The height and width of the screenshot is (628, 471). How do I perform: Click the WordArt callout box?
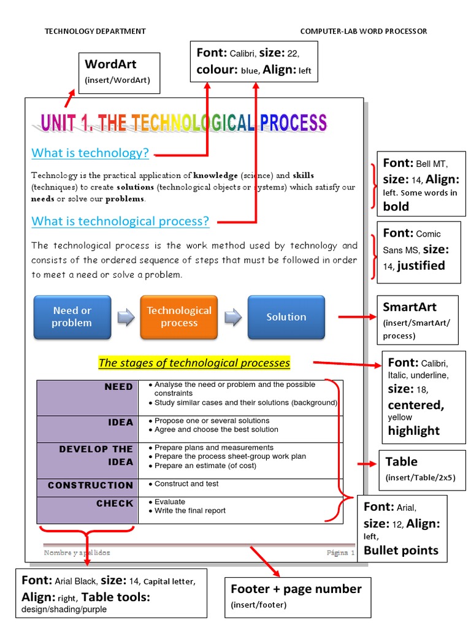pyautogui.click(x=120, y=72)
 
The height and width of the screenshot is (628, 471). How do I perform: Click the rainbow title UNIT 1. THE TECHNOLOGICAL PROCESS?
pyautogui.click(x=184, y=123)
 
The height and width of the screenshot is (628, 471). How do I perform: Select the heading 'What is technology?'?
pyautogui.click(x=90, y=153)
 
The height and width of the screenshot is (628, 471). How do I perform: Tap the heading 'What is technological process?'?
pyautogui.click(x=120, y=221)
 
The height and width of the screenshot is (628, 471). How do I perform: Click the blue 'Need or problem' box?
pyautogui.click(x=72, y=317)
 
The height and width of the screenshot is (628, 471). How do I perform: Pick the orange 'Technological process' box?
pyautogui.click(x=179, y=317)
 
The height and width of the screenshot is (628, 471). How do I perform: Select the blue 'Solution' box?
pyautogui.click(x=286, y=317)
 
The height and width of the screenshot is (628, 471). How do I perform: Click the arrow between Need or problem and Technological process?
pyautogui.click(x=126, y=317)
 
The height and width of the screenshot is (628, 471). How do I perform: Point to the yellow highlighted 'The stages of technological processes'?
pyautogui.click(x=194, y=363)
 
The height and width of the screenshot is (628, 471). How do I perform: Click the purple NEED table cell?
pyautogui.click(x=88, y=397)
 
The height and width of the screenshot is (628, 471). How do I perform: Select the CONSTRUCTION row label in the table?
pyautogui.click(x=90, y=485)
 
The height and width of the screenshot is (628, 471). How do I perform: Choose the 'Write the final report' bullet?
pyautogui.click(x=190, y=511)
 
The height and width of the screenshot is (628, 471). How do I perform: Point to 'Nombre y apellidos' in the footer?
pyautogui.click(x=77, y=553)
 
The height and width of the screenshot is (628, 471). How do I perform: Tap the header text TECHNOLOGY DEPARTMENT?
pyautogui.click(x=95, y=31)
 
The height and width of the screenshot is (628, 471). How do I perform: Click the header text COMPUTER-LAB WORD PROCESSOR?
pyautogui.click(x=364, y=31)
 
